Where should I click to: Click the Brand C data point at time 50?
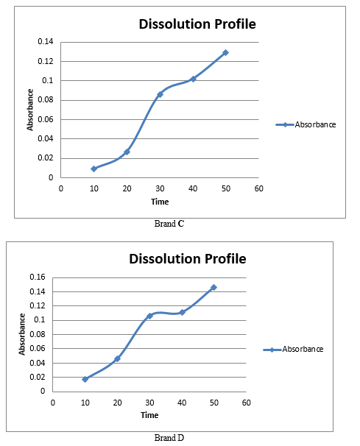(225, 52)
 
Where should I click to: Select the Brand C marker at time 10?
(94, 169)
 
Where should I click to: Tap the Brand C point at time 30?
(160, 94)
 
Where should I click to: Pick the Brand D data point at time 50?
(213, 287)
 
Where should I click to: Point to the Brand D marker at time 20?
(117, 358)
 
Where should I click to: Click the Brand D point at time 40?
(182, 312)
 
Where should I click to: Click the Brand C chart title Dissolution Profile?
(197, 24)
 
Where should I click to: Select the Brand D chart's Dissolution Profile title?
(188, 259)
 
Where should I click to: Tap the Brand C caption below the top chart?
(169, 224)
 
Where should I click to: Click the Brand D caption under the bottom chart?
(169, 437)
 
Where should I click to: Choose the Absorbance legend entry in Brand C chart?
(306, 124)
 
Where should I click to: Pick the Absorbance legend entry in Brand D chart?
(294, 349)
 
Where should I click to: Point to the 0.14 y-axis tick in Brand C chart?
(46, 41)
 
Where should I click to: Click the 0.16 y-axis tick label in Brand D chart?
(38, 277)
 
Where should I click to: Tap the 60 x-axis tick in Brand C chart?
(258, 188)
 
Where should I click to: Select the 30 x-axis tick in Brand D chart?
(149, 403)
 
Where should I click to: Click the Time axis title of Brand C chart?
(160, 202)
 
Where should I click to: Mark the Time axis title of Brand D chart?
(149, 415)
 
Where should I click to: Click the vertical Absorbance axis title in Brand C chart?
(30, 110)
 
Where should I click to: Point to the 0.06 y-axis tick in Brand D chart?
(38, 348)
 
